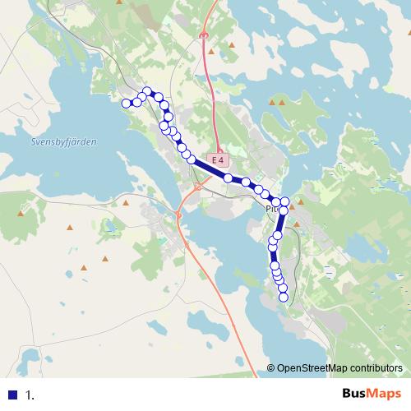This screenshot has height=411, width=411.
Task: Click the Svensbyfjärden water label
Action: point(63,141)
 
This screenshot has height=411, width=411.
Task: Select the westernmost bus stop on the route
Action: point(127,103)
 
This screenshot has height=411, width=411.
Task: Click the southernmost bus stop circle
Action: point(284,298)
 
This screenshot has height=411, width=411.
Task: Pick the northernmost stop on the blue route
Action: point(148,91)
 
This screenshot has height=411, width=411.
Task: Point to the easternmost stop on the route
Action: point(285,201)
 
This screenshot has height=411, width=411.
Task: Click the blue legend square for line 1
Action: point(12,394)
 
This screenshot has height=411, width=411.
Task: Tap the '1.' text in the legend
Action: point(30,395)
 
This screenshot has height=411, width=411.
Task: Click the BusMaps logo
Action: point(372,394)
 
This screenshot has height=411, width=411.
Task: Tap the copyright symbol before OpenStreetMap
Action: point(270,368)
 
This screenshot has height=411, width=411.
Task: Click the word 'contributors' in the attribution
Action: point(376,368)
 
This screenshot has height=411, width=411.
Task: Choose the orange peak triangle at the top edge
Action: point(121,3)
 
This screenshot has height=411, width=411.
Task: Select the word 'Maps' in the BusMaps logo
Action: point(384,394)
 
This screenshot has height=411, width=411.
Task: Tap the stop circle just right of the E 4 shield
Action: point(228,178)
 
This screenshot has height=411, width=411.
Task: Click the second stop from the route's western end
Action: point(136,102)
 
